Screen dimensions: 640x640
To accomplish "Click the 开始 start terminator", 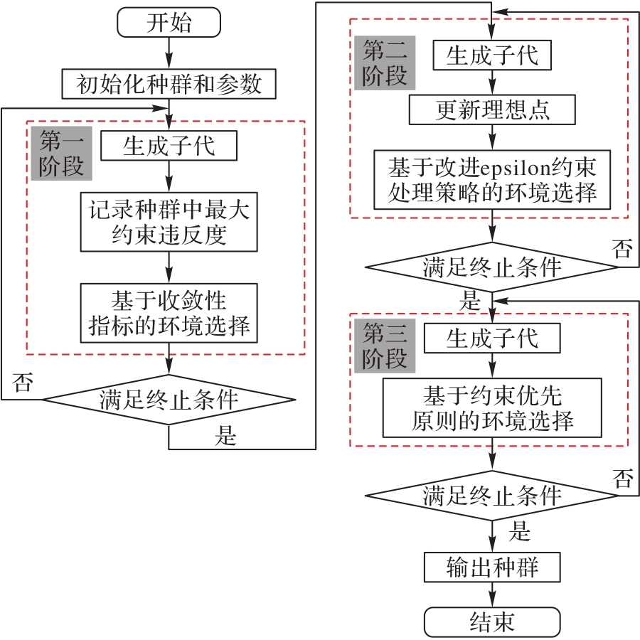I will point(169,23).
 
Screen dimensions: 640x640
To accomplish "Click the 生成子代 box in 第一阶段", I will point(169,146).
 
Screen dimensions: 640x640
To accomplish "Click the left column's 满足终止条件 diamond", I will point(169,400).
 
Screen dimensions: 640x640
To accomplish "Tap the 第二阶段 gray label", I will point(384,63).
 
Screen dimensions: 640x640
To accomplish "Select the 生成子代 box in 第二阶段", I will point(492,55).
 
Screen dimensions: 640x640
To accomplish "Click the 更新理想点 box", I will point(492,110).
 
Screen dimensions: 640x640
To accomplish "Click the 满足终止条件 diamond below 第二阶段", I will point(492,267).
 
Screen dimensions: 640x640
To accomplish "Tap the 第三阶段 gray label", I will point(384,346).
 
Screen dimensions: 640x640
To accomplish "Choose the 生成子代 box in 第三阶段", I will point(492,338).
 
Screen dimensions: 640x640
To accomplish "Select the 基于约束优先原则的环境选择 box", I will point(492,407).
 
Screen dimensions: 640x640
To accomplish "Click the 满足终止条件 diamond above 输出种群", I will point(492,496).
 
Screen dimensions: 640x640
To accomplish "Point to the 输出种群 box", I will point(492,567).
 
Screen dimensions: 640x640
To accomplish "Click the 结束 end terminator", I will point(492,622).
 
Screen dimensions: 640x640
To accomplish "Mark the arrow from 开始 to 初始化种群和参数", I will point(169,52).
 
